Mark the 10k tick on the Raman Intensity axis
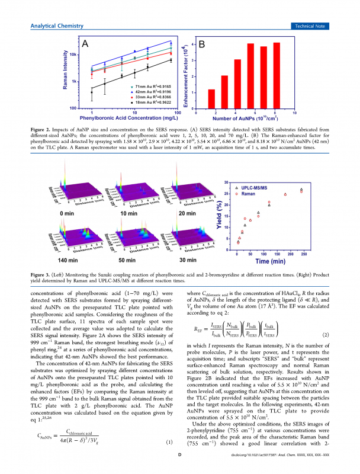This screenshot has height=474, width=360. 76,54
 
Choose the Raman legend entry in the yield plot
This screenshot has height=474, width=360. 252,193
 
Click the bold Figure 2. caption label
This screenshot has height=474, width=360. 41,129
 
